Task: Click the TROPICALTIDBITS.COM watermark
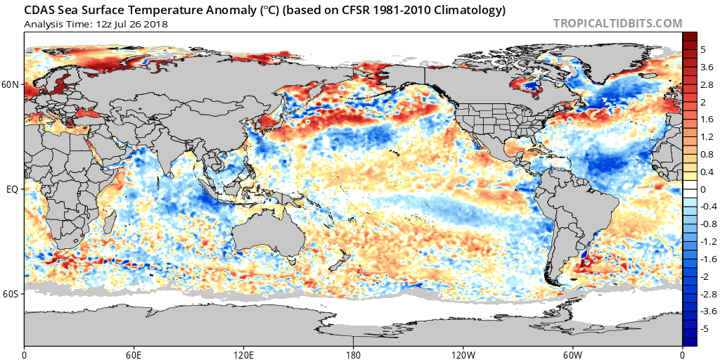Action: click(x=617, y=23)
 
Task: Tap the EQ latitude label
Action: click(x=13, y=189)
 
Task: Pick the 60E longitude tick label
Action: click(x=134, y=354)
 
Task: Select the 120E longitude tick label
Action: click(x=243, y=354)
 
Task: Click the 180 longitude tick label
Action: click(x=353, y=354)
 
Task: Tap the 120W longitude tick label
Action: click(x=463, y=354)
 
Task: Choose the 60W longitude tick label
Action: click(x=572, y=354)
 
